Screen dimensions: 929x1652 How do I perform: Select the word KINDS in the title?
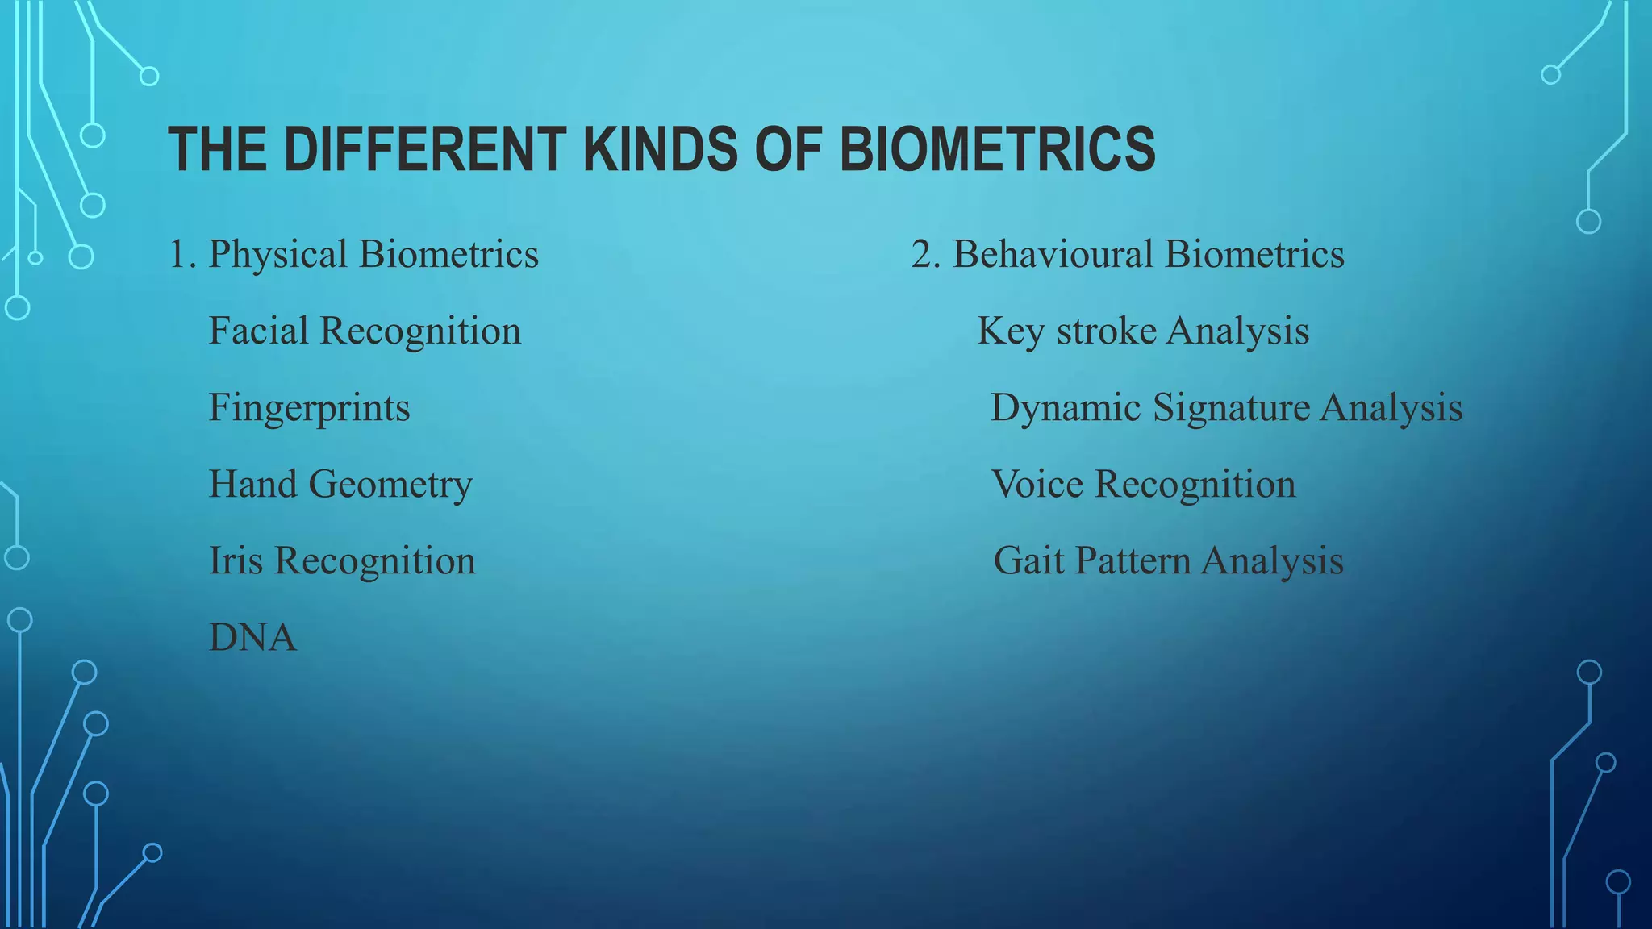tap(659, 150)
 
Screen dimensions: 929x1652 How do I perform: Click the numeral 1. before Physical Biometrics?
tap(181, 255)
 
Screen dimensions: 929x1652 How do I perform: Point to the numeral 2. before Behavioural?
tap(926, 255)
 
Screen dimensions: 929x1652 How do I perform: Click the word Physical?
tap(277, 255)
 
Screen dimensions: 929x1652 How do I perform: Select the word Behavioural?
tap(1053, 255)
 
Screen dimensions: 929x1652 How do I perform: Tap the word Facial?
tap(258, 331)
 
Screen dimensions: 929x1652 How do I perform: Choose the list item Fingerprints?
tap(309, 408)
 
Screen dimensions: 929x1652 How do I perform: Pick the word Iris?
tap(236, 560)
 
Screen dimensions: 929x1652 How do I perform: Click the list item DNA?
tap(252, 637)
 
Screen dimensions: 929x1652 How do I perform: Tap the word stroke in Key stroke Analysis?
tap(1106, 331)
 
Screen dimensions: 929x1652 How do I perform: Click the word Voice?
tap(1037, 485)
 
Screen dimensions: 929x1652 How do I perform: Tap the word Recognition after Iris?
tap(375, 561)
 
